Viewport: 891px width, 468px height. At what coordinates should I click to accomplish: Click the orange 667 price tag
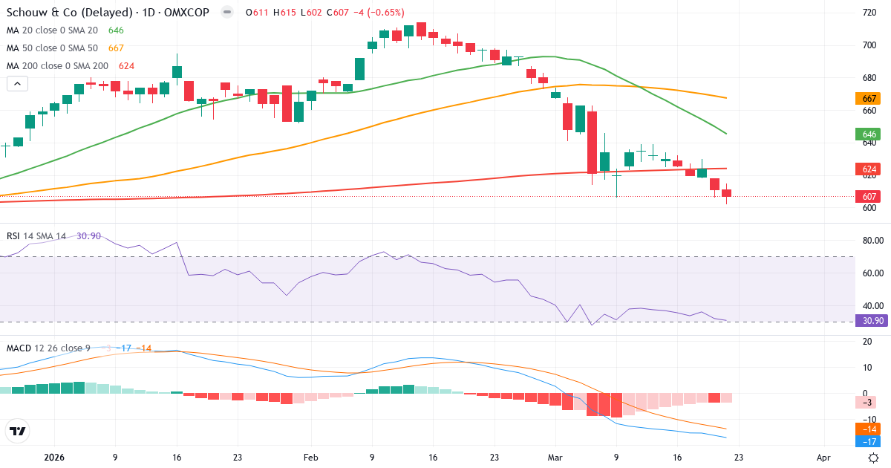(x=866, y=99)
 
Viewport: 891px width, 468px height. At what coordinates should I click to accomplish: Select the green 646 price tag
(x=866, y=134)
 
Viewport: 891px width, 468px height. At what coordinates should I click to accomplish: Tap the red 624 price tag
(x=866, y=169)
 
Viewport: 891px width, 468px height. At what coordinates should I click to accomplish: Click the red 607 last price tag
(x=866, y=197)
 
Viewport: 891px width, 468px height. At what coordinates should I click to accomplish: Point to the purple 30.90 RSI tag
(x=869, y=321)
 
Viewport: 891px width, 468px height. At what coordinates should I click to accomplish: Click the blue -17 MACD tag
(x=866, y=441)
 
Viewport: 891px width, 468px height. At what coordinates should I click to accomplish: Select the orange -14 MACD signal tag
(x=866, y=429)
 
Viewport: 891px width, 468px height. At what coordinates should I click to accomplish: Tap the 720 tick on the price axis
(x=869, y=13)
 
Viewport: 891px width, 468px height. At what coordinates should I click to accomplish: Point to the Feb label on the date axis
(x=311, y=458)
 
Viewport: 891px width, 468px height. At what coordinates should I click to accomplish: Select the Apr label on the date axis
(x=823, y=458)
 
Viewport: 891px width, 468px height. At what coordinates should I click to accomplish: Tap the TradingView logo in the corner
(x=18, y=431)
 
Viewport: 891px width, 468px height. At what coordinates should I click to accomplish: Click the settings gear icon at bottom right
(x=874, y=458)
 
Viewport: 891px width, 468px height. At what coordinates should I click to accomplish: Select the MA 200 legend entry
(x=57, y=66)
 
